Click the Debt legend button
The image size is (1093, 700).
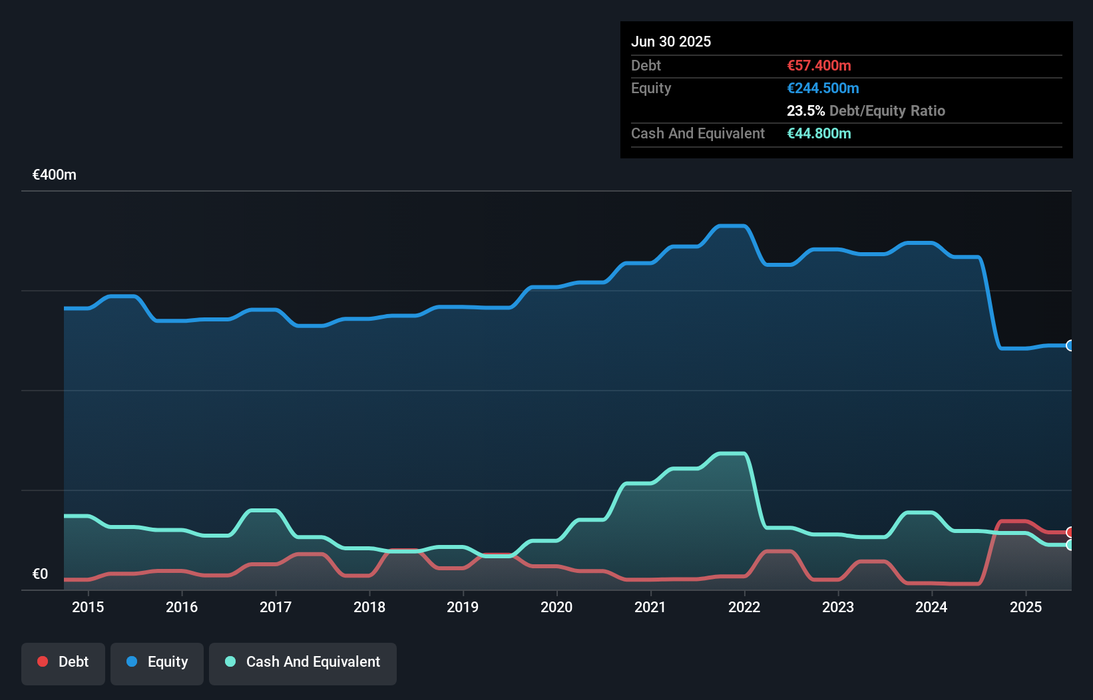click(x=63, y=662)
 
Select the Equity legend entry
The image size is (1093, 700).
click(x=157, y=662)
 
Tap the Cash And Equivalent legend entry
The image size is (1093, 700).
click(x=303, y=662)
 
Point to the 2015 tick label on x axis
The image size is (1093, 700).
click(x=88, y=607)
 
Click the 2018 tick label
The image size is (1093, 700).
click(x=369, y=607)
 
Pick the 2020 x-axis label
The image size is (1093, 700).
click(x=556, y=607)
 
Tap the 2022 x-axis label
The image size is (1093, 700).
click(x=744, y=607)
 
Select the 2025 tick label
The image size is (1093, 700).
click(x=1026, y=607)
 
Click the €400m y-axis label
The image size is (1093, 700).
click(x=55, y=175)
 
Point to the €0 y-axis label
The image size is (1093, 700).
click(x=40, y=574)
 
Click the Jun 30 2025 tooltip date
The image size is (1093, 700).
click(x=671, y=41)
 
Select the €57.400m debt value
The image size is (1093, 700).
click(x=819, y=65)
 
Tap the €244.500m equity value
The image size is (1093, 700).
click(x=823, y=88)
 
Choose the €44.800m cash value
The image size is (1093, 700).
click(x=819, y=133)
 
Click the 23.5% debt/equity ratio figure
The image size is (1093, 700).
click(x=805, y=110)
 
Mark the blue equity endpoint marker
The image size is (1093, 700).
click(x=1070, y=345)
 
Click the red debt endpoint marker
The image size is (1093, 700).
click(x=1070, y=532)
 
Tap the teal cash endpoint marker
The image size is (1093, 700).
click(x=1070, y=545)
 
